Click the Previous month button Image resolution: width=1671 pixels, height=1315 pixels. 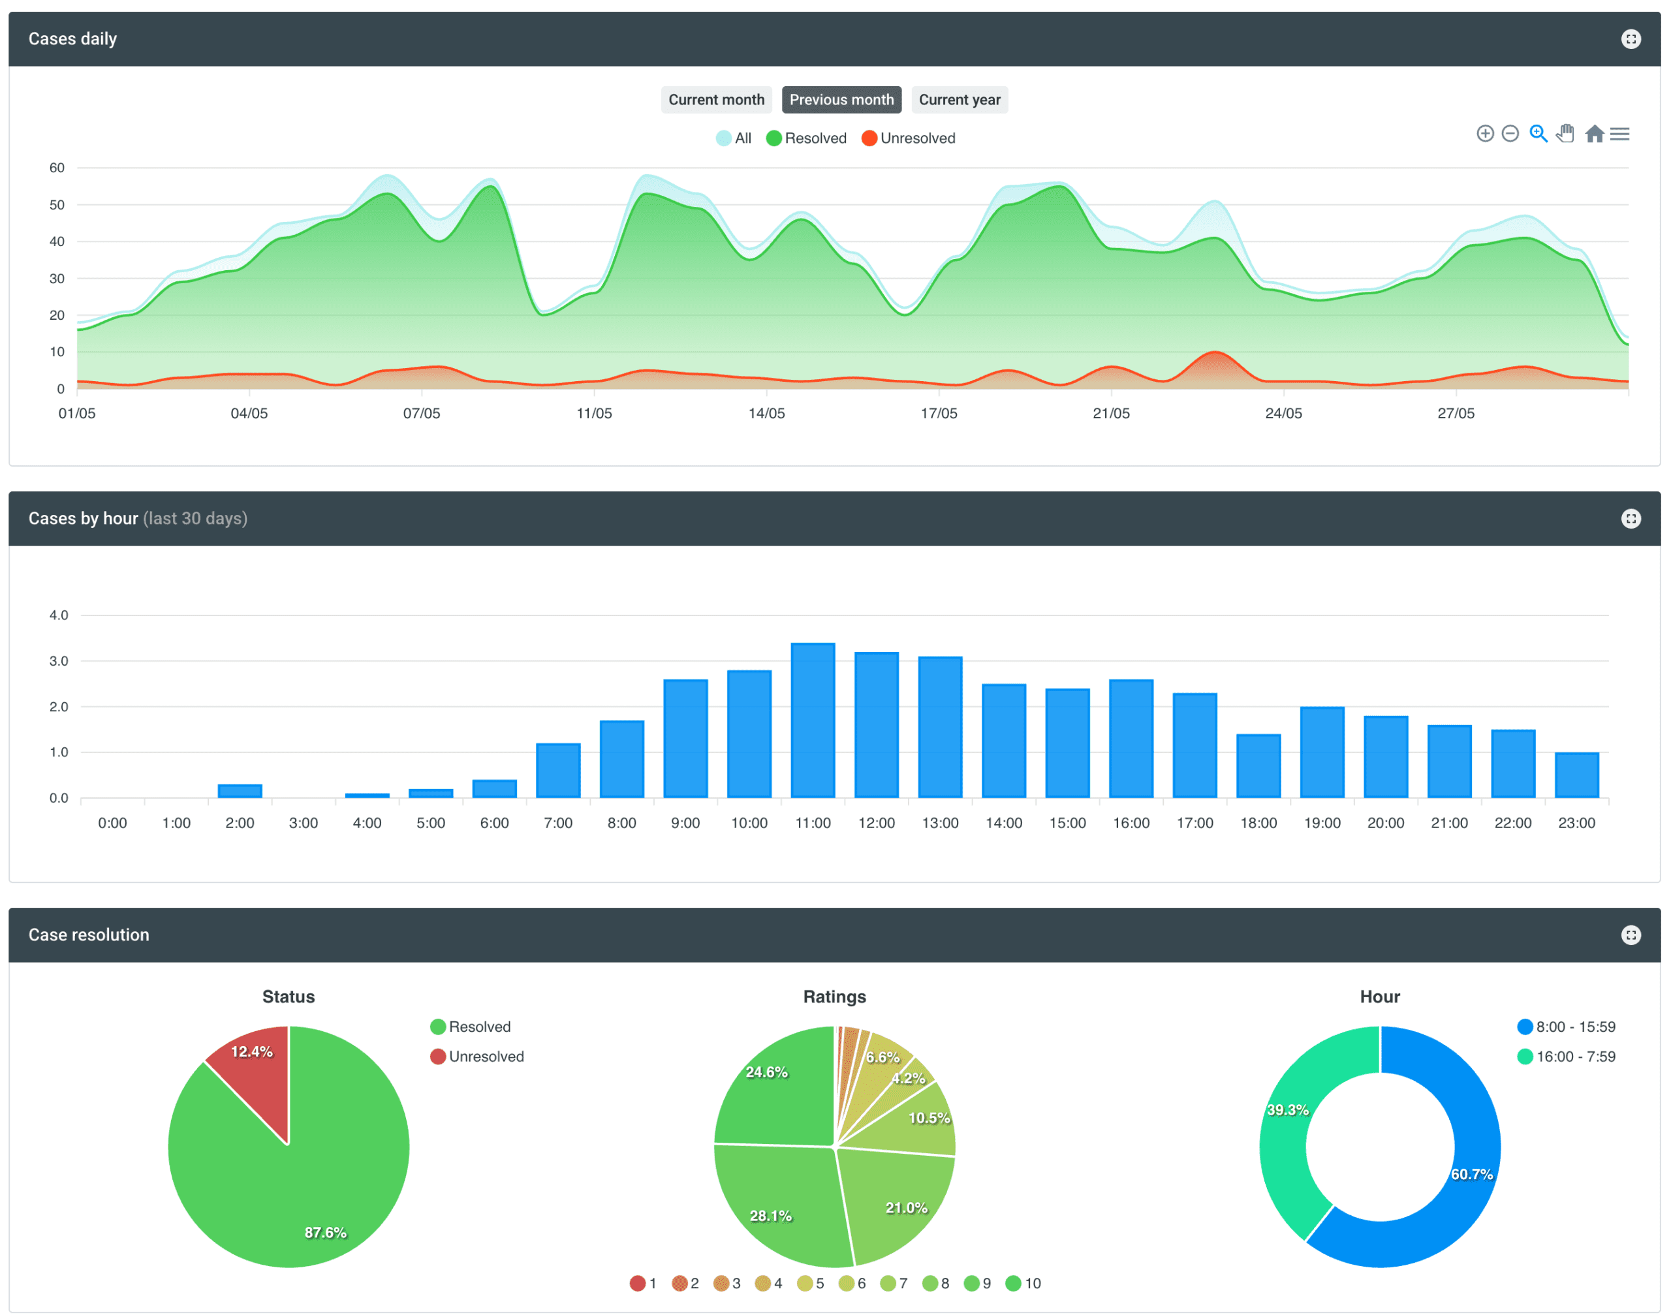coord(841,99)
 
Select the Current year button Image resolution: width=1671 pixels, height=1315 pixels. coord(959,99)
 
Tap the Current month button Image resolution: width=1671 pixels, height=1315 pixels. coord(715,99)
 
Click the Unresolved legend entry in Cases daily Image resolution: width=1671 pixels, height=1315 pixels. coord(909,138)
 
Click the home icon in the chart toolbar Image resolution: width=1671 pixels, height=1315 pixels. coord(1594,134)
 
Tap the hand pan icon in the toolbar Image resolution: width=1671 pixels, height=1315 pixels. coord(1565,134)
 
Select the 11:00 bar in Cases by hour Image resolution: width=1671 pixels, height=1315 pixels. coord(813,720)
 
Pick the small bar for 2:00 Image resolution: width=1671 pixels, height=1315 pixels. coord(240,791)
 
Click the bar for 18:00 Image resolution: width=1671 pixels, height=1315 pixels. coord(1258,766)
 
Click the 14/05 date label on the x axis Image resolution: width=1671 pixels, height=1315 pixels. coord(766,414)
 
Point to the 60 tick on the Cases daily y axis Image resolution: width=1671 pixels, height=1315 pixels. coord(57,168)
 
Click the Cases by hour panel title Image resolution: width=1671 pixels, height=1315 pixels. coord(83,518)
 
